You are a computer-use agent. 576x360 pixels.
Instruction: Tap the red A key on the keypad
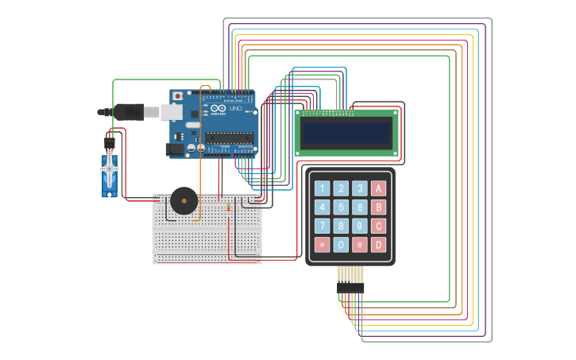tap(379, 188)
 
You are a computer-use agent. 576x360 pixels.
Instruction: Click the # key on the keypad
tap(360, 245)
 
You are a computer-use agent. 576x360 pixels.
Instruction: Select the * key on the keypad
tap(322, 245)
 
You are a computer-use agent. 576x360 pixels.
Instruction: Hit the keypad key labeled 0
tap(341, 245)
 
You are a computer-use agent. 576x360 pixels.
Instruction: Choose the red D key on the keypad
tap(379, 245)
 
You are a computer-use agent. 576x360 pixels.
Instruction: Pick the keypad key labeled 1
tap(322, 188)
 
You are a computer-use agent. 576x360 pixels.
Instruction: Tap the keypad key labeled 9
tap(360, 226)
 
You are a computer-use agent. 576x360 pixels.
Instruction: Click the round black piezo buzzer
tap(184, 200)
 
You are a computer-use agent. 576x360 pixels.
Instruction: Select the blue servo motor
tap(109, 175)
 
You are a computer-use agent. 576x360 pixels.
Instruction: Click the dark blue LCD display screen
tap(346, 133)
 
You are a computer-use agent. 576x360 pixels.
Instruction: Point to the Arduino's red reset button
tap(177, 96)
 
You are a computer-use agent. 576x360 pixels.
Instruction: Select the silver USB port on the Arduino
tap(172, 112)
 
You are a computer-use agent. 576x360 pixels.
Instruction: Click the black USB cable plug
tap(127, 112)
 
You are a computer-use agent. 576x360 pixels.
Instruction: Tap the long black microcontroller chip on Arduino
tap(230, 137)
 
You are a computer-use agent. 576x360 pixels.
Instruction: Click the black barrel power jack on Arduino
tap(174, 149)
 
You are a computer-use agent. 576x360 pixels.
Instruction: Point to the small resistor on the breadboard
tap(229, 209)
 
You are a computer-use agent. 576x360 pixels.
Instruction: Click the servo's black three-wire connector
tap(109, 142)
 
